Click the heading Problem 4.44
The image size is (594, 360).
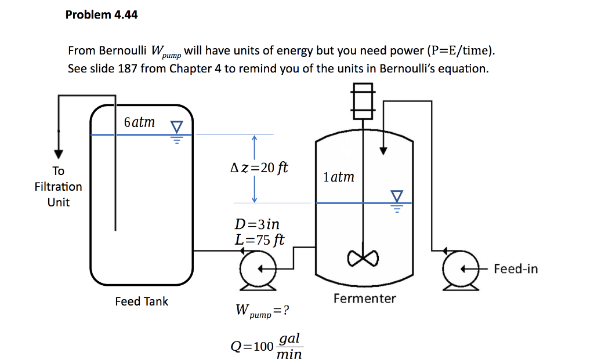102,15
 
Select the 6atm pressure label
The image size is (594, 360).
139,122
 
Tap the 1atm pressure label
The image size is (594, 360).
339,177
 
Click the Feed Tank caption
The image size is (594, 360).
142,301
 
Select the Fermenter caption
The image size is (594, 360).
364,299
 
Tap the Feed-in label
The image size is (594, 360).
516,269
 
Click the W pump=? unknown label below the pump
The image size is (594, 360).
262,311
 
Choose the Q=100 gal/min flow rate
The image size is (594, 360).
266,346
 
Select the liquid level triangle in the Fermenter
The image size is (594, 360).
397,196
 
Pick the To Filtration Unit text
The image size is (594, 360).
58,187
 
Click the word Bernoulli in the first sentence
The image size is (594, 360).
124,51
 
